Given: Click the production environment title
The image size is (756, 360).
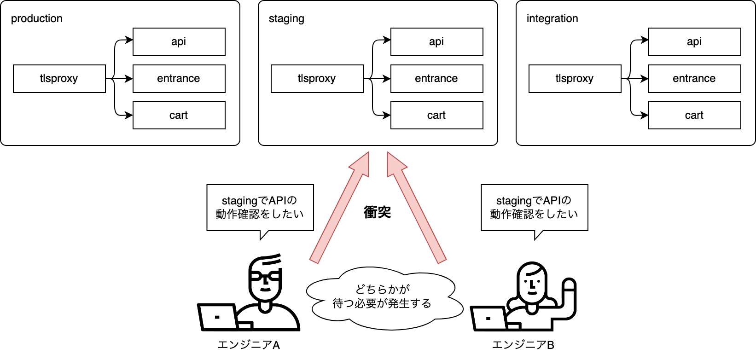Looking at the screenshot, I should [37, 19].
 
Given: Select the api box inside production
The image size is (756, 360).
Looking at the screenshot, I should [179, 42].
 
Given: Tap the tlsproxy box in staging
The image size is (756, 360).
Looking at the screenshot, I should [317, 79].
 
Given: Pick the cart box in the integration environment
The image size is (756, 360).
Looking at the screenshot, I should [694, 116].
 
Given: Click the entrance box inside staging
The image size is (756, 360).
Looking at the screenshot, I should [436, 79].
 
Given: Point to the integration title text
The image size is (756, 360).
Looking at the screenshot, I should [552, 19].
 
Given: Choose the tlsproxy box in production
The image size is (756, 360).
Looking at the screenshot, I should [59, 79].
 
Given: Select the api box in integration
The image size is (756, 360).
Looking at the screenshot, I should [694, 42].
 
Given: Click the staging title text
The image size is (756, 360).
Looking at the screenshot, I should [286, 19].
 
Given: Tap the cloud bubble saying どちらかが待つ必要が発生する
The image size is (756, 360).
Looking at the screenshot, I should [382, 297].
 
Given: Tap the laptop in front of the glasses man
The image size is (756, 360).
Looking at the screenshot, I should [218, 317].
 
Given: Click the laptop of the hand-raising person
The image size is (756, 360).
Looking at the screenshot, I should [490, 318].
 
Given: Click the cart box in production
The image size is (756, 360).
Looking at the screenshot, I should [179, 116].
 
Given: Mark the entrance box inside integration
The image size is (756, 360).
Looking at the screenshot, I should [694, 79].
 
